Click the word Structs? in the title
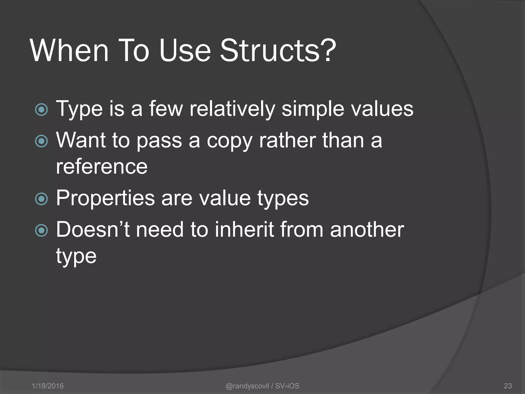coord(278,50)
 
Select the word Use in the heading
coord(185,50)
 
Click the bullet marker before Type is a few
coord(41,110)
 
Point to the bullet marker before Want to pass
coord(41,141)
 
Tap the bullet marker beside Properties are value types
coord(41,199)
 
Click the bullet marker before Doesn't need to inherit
coord(41,230)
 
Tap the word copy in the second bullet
coord(230,141)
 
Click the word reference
coord(102,167)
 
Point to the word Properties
coord(105,199)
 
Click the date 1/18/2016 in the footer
coord(48,386)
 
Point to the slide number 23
coord(508,386)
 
